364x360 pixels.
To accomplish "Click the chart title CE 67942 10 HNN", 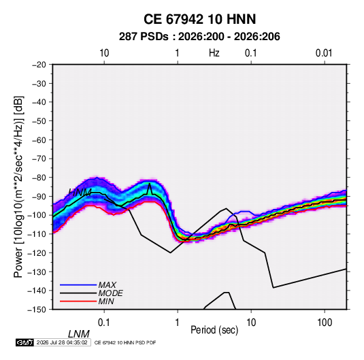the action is tap(199, 19).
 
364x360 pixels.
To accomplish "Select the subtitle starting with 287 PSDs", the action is tap(199, 37).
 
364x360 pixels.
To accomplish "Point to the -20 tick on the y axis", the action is tap(39, 65).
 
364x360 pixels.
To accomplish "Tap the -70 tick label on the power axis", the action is tap(39, 159).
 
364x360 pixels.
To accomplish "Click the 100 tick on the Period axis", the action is tap(325, 323).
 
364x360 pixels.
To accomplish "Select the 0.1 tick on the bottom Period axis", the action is tap(104, 323).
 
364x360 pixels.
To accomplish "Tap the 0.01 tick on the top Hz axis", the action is tap(324, 53).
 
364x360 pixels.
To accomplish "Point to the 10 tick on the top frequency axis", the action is tap(104, 53).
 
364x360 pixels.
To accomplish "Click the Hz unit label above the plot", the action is tap(214, 53).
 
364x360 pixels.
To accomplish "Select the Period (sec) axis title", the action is tap(214, 330).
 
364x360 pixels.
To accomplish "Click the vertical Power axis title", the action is tap(18, 186).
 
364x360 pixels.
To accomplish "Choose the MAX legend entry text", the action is tap(107, 284).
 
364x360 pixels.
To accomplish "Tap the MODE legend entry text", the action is tap(110, 293).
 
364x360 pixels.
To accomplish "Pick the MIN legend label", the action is tap(106, 301).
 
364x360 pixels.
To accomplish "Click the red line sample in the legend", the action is tap(78, 301).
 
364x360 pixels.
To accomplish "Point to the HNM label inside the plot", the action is tap(80, 193).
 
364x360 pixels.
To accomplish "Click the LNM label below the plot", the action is tap(79, 334).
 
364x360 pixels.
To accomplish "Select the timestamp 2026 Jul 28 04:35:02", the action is tap(62, 342).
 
